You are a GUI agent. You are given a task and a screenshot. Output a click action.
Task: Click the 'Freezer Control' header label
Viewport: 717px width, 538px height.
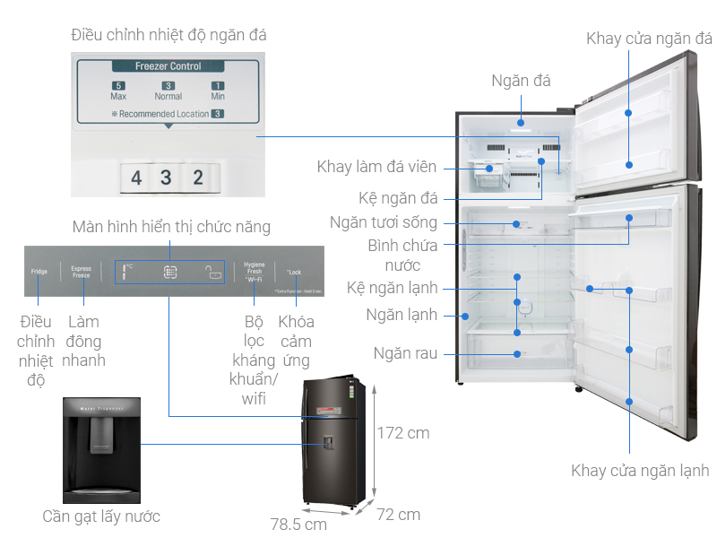[x=168, y=66]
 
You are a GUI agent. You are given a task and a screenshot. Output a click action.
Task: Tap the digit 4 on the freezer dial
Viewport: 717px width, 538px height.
[x=136, y=178]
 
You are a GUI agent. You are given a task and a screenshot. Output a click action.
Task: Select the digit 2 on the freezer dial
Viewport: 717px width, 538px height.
[x=198, y=178]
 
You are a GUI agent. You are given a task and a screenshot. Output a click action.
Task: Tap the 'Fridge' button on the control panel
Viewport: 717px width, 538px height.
[x=39, y=271]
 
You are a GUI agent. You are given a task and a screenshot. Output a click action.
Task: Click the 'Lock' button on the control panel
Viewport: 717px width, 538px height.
[x=294, y=271]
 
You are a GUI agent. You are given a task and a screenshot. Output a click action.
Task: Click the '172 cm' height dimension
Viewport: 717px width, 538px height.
[x=402, y=433]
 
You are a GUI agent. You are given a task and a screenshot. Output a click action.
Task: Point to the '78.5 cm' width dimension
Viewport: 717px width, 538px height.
[x=298, y=524]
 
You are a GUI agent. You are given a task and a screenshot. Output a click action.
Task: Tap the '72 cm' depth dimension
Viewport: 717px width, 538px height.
[x=398, y=515]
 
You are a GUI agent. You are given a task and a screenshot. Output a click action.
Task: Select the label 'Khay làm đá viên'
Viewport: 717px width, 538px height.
[x=376, y=167]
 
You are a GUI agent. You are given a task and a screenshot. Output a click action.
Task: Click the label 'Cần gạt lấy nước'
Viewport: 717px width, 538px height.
[x=101, y=516]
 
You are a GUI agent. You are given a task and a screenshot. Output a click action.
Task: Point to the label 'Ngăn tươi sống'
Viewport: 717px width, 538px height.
[x=395, y=222]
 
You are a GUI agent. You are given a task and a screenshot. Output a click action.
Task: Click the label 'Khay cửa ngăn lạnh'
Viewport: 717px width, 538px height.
[x=640, y=470]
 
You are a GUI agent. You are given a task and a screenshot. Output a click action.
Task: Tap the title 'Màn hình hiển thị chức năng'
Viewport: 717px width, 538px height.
[x=171, y=227]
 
